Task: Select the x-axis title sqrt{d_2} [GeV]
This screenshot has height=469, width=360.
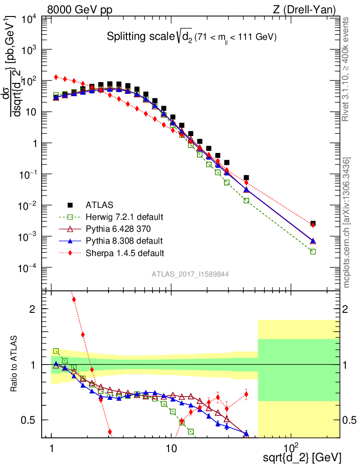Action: pyautogui.click(x=302, y=457)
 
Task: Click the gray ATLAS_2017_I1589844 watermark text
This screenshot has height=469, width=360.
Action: pyautogui.click(x=190, y=274)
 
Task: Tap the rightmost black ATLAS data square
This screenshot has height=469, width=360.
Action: pyautogui.click(x=313, y=224)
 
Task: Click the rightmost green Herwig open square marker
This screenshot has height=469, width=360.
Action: pyautogui.click(x=313, y=251)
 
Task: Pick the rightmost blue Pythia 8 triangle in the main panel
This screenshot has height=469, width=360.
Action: pyautogui.click(x=313, y=241)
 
